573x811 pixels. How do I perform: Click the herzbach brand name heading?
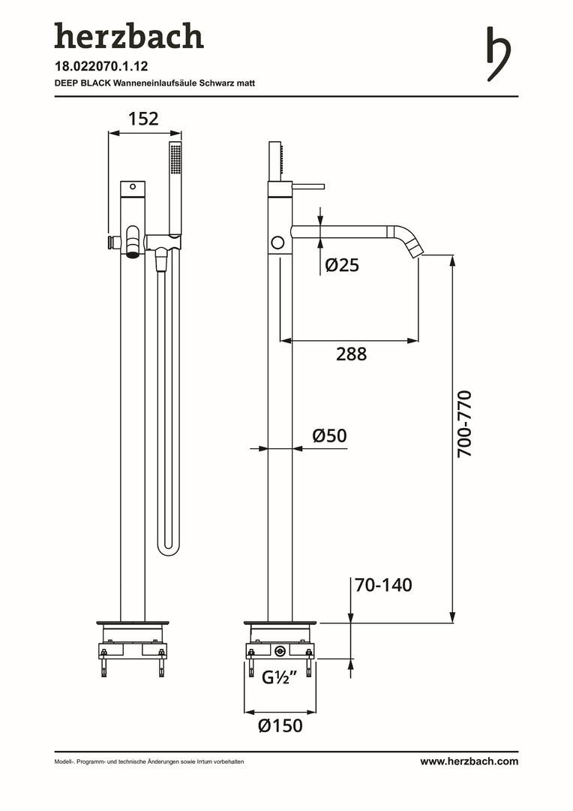pyautogui.click(x=129, y=36)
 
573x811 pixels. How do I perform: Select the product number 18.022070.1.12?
pyautogui.click(x=101, y=66)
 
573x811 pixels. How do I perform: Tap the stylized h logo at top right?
pyautogui.click(x=499, y=54)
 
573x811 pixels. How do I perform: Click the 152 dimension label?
pyautogui.click(x=143, y=119)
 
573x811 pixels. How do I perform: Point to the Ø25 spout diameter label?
pyautogui.click(x=342, y=265)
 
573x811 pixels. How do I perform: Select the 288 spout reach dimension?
pyautogui.click(x=351, y=354)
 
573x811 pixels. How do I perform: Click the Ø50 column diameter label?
pyautogui.click(x=330, y=436)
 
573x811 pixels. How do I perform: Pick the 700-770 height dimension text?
pyautogui.click(x=464, y=424)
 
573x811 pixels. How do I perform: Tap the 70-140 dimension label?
pyautogui.click(x=383, y=585)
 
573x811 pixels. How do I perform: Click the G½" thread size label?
pyautogui.click(x=279, y=677)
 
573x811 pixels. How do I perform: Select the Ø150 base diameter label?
pyautogui.click(x=280, y=725)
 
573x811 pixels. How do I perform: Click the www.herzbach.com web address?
pyautogui.click(x=469, y=761)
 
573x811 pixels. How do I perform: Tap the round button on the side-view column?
pyautogui.click(x=278, y=242)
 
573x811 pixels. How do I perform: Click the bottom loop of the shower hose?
pyautogui.click(x=169, y=549)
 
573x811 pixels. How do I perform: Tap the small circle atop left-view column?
pyautogui.click(x=133, y=186)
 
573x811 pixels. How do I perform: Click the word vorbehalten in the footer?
pyautogui.click(x=230, y=761)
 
